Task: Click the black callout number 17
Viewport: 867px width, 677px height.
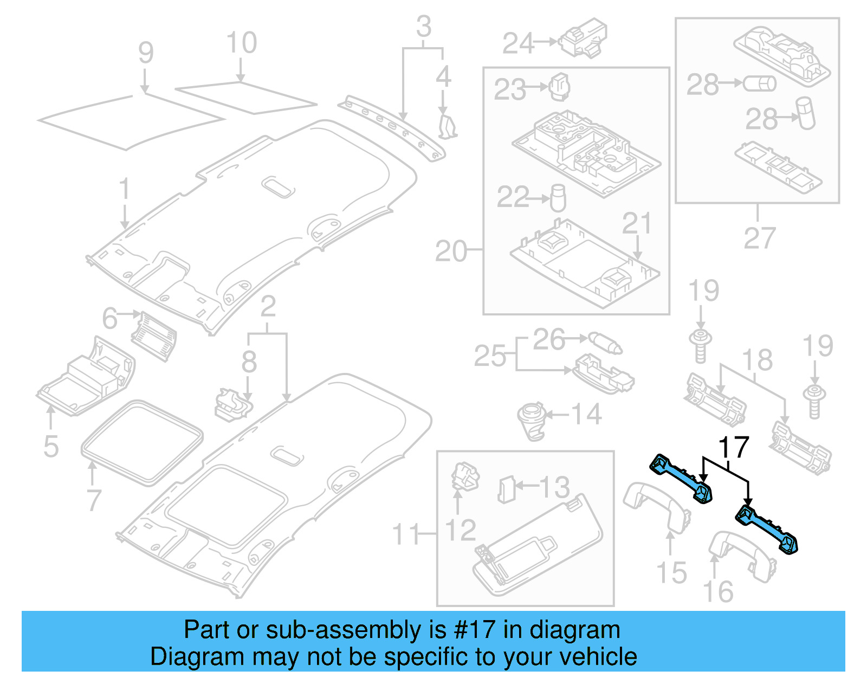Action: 733,448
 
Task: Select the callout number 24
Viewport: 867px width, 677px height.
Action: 518,43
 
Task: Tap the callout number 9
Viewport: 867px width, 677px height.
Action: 146,53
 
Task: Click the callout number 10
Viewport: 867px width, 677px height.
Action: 241,43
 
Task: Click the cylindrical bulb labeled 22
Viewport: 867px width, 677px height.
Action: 558,198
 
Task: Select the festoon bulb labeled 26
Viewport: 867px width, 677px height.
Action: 605,343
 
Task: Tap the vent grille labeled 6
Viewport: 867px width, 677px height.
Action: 154,336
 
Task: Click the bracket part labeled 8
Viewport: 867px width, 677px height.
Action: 232,404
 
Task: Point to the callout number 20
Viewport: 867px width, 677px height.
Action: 451,252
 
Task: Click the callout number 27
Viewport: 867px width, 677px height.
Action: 759,237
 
